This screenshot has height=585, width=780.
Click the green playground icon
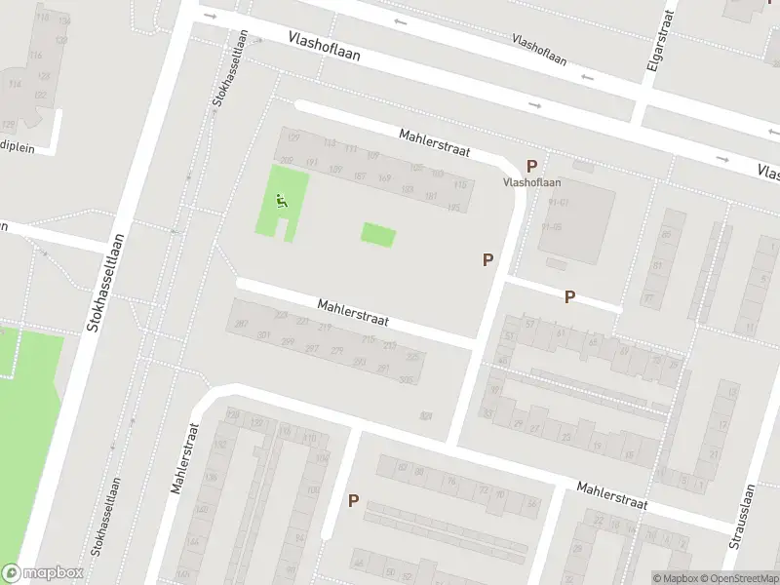point(281,202)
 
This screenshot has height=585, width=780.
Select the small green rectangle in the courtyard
point(378,234)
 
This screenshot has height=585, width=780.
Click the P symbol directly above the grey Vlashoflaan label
point(531,167)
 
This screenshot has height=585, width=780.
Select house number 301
point(263,335)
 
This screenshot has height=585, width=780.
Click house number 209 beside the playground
point(286,161)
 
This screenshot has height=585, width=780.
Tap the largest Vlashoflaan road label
point(325,45)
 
